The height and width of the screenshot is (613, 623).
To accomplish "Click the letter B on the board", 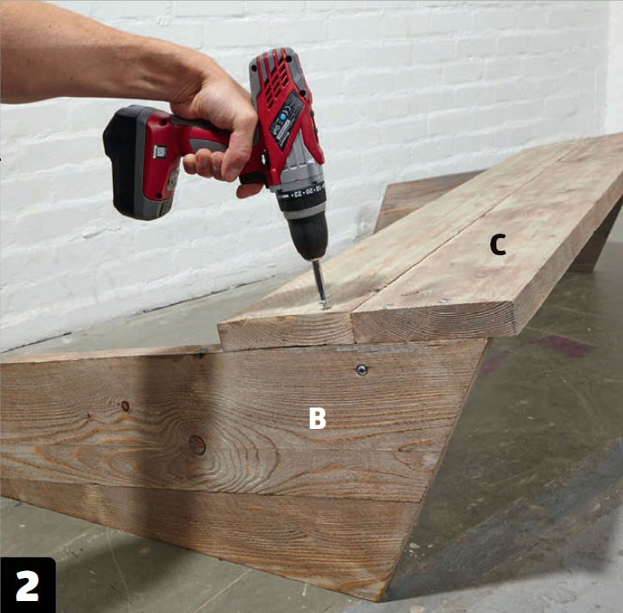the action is click(317, 418).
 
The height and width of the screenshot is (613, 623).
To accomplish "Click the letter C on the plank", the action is click(497, 245).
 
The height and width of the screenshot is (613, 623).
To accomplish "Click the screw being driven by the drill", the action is click(324, 304).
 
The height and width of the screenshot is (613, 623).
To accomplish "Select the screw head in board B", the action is click(361, 370).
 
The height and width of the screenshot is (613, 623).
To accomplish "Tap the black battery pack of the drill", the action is click(128, 162).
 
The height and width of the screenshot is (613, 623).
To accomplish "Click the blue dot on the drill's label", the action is click(283, 117).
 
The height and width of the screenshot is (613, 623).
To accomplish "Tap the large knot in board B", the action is click(197, 445).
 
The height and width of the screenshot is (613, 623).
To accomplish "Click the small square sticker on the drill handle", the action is click(160, 151).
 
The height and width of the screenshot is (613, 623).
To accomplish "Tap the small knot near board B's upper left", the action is click(126, 406).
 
